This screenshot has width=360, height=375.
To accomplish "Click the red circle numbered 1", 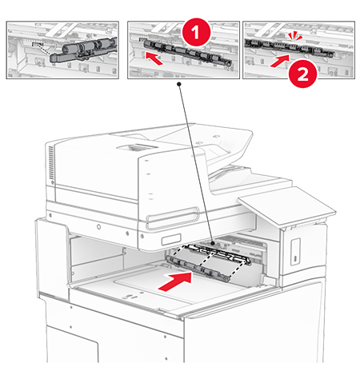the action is pos(196,32).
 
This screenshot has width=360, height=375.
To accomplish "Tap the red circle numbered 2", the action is pos(303,74).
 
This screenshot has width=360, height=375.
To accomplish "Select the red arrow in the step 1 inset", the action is pos(154,58).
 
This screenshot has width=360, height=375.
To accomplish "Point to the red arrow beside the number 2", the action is pos(280,61).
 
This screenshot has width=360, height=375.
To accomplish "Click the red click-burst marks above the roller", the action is pos(295,36).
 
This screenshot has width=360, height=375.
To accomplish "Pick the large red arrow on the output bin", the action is pos(175,281).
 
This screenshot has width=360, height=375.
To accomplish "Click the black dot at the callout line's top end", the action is pos(179,84).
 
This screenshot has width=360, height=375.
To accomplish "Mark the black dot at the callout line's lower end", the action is pos(213,243).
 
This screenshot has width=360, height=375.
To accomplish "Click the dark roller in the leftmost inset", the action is pos(82,50).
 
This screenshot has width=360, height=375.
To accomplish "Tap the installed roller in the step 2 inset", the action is pos(290,47).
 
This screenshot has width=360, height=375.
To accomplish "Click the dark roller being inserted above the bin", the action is pos(198,268).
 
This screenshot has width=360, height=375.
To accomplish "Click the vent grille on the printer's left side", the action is pos(50,163).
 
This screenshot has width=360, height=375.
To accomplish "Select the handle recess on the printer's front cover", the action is pos(173,217).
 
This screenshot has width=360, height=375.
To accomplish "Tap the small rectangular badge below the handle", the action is pos(171,240).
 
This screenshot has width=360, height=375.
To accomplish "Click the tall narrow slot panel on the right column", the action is pos(295,251).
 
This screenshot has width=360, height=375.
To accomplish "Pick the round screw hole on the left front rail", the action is pos(98,227).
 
